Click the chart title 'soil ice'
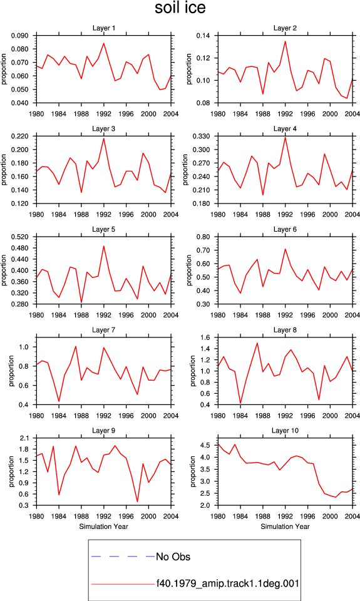[180, 8]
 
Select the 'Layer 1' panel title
[103, 28]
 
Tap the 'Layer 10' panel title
[285, 431]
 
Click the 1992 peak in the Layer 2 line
[285, 41]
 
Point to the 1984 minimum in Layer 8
[240, 403]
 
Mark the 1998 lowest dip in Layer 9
[137, 501]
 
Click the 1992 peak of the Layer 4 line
[285, 137]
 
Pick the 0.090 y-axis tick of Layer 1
[20, 36]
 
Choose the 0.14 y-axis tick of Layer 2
[203, 36]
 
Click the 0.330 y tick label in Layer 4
[201, 136]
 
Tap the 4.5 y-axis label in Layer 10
[205, 445]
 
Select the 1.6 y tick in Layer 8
[205, 337]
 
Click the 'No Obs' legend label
[173, 557]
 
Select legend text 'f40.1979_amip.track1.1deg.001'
[228, 583]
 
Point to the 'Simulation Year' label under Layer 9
[103, 527]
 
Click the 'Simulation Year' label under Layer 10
[285, 527]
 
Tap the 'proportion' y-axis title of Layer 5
[4, 270]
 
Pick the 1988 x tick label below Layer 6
[262, 315]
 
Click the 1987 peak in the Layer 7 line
[76, 346]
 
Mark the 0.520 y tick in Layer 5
[20, 237]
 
